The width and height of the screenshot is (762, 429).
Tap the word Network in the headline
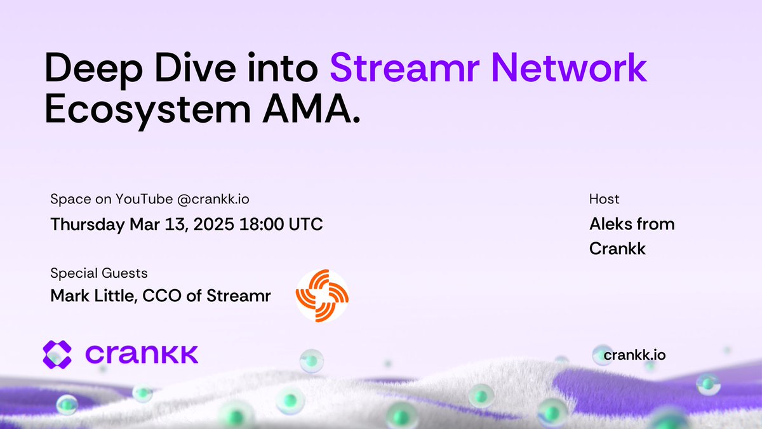point(576,69)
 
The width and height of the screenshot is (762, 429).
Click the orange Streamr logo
point(322,296)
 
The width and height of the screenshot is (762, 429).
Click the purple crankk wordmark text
point(141,354)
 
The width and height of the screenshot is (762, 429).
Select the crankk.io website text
point(634,355)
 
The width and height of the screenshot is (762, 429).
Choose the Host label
point(604,199)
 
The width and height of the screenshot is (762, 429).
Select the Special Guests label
point(98,273)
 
